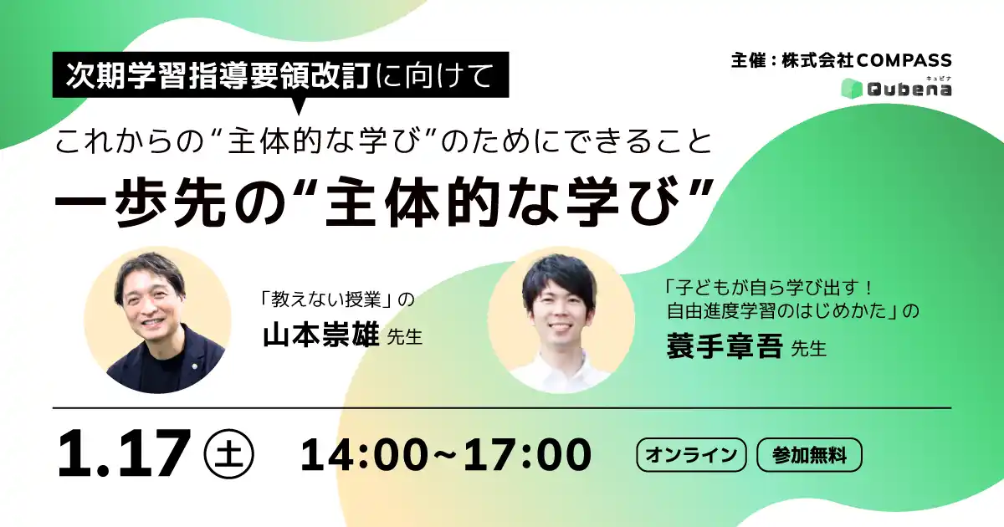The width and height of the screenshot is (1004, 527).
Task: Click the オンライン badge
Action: click(x=691, y=455)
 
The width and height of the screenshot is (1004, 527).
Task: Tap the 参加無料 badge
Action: click(x=809, y=455)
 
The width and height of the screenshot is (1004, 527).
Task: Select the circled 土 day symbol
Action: click(x=228, y=453)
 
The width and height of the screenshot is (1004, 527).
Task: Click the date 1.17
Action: click(x=122, y=454)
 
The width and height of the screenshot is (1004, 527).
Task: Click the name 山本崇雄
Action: click(x=320, y=337)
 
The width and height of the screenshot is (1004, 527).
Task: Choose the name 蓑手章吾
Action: click(x=724, y=345)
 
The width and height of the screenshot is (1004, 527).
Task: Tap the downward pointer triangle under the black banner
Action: click(x=299, y=107)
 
